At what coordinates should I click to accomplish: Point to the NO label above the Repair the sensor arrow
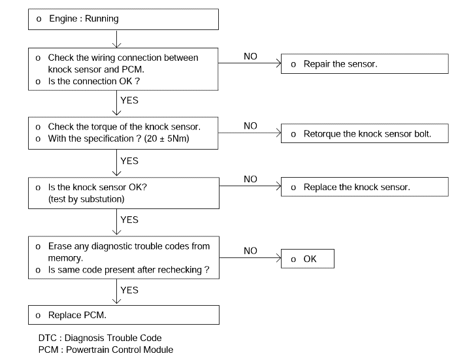pos(250,56)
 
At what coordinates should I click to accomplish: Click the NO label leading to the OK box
pos(250,251)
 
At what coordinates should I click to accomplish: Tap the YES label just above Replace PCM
pos(129,290)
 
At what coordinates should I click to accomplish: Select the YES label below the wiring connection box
pos(129,101)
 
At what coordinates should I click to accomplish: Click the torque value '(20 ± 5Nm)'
pos(167,139)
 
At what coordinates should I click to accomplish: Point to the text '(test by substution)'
pos(86,199)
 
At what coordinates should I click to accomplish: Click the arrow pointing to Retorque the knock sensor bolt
pos(250,133)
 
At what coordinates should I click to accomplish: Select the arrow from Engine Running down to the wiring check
pos(117,39)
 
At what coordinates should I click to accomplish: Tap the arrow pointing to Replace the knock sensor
pos(250,186)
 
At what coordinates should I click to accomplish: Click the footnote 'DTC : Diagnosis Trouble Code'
pos(100,338)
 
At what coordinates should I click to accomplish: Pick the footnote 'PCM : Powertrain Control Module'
pos(106,350)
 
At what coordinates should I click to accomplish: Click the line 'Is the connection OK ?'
pos(94,81)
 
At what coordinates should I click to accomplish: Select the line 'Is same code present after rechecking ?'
pos(129,270)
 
